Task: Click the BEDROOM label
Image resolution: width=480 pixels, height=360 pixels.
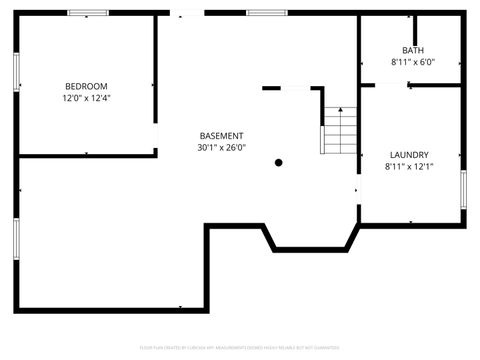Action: coord(85,87)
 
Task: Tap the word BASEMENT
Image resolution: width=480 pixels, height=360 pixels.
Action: coord(221,136)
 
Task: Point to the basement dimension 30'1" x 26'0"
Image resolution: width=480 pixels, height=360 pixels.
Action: coord(221,148)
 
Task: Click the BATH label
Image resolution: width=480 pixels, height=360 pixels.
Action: coord(412,50)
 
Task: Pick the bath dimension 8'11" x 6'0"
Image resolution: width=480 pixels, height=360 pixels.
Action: coord(412,62)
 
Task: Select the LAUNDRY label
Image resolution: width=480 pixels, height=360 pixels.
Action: coord(409,155)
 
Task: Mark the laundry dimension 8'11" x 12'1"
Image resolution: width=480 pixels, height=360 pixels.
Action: coord(409,167)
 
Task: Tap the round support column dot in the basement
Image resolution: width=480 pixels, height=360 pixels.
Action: coord(279,162)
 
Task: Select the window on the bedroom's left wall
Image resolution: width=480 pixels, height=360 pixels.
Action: coord(17,75)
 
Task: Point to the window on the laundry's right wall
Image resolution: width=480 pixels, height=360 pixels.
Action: coord(463,190)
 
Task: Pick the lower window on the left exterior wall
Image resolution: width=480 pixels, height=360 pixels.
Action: coord(17,240)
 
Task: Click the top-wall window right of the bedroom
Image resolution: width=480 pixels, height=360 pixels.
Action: coord(261,13)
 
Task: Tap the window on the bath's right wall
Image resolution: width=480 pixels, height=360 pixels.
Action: coord(463,58)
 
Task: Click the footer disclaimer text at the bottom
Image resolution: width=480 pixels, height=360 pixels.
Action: coord(240,346)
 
